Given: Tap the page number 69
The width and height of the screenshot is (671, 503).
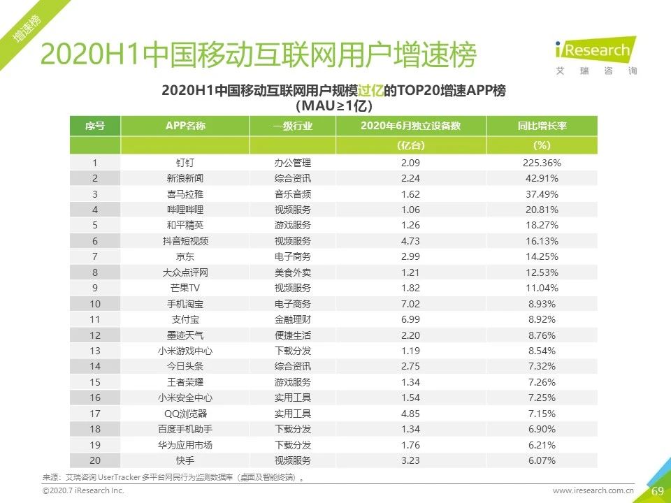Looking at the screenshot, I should pyautogui.click(x=657, y=491).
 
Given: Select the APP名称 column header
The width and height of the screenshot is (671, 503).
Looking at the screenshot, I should pyautogui.click(x=185, y=126).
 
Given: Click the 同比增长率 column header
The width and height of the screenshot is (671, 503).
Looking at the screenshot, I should pyautogui.click(x=542, y=126).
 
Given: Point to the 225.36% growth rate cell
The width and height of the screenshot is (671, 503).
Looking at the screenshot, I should pyautogui.click(x=542, y=163).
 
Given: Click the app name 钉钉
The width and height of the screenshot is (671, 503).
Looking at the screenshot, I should pyautogui.click(x=185, y=163).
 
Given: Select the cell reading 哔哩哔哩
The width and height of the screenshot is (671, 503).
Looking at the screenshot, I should pyautogui.click(x=185, y=210).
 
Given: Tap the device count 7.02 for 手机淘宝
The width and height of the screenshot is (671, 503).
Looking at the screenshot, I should pyautogui.click(x=410, y=304).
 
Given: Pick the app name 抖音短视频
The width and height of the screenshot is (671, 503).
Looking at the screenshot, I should pyautogui.click(x=185, y=241).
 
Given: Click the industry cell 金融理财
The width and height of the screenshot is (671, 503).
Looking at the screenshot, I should pyautogui.click(x=292, y=320).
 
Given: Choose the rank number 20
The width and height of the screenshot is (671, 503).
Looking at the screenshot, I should pyautogui.click(x=95, y=460).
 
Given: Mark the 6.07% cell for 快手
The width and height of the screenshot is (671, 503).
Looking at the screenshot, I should pyautogui.click(x=542, y=460).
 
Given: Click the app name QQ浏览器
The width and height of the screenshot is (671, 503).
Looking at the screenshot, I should pyautogui.click(x=185, y=414).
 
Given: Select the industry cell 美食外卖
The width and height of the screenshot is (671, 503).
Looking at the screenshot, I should pyautogui.click(x=292, y=272).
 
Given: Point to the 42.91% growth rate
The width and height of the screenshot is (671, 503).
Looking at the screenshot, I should pyautogui.click(x=542, y=179).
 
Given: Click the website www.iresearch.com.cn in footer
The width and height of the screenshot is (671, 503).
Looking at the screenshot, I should pyautogui.click(x=593, y=491).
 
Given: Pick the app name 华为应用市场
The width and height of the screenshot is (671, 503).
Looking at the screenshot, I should pyautogui.click(x=185, y=445).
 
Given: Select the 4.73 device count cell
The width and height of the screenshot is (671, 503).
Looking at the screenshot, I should pyautogui.click(x=410, y=241).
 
